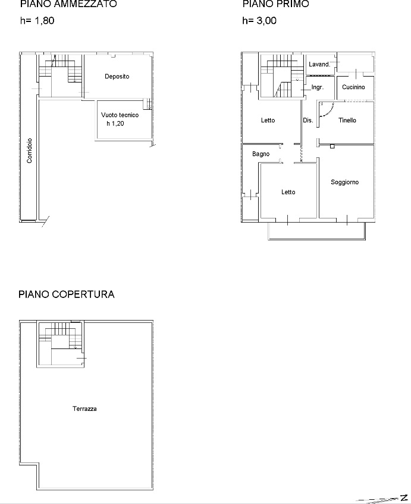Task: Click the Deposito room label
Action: pyautogui.click(x=117, y=77)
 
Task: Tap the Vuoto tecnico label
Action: pyautogui.click(x=120, y=115)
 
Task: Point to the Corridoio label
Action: pyautogui.click(x=29, y=150)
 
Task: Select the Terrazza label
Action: pyautogui.click(x=84, y=408)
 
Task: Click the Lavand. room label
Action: pyautogui.click(x=319, y=64)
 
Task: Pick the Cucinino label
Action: pyautogui.click(x=353, y=87)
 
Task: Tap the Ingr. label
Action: pyautogui.click(x=318, y=87)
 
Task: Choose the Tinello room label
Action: pyautogui.click(x=347, y=121)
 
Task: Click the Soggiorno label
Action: pyautogui.click(x=344, y=182)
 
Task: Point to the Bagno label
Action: pyautogui.click(x=261, y=154)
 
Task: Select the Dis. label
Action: pyautogui.click(x=308, y=121)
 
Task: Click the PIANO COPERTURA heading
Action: pyautogui.click(x=67, y=294)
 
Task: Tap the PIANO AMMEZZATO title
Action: pyautogui.click(x=68, y=4)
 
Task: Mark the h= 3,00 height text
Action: pyautogui.click(x=259, y=21)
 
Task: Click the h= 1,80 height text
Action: pyautogui.click(x=37, y=21)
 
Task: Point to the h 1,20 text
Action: pyautogui.click(x=115, y=123)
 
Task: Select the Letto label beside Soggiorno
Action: pyautogui.click(x=288, y=192)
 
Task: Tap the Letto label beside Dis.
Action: pyautogui.click(x=268, y=121)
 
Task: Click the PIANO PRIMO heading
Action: pyautogui.click(x=276, y=4)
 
